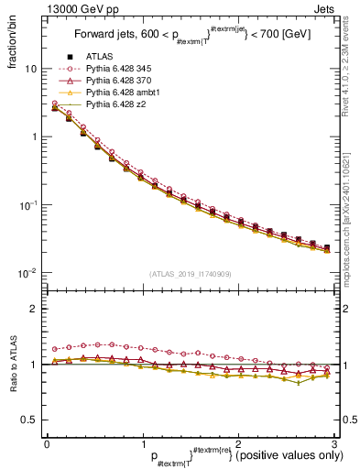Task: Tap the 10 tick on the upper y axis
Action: [30, 69]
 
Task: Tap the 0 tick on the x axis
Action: [46, 443]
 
